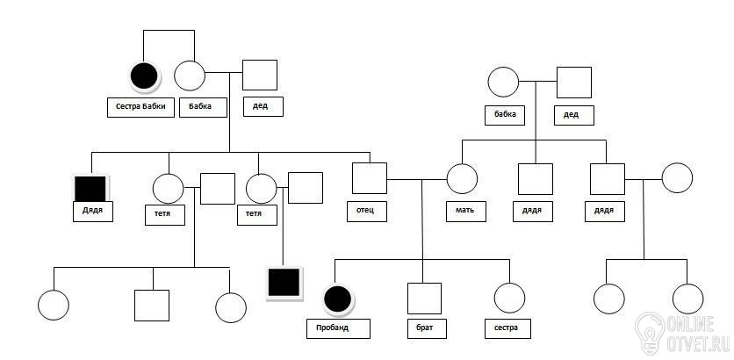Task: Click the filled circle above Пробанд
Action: click(x=337, y=299)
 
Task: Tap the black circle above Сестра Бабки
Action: click(x=144, y=76)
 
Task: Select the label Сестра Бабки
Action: click(x=140, y=107)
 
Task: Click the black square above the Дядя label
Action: click(x=90, y=189)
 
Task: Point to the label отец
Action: click(x=366, y=212)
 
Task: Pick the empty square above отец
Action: click(x=370, y=178)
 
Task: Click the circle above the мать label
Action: click(x=462, y=179)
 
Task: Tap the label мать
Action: click(x=465, y=212)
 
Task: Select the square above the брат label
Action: click(x=424, y=299)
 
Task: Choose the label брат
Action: click(x=427, y=328)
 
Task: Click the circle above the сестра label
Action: click(x=509, y=298)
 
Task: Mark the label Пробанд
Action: click(x=338, y=328)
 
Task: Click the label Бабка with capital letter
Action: click(x=203, y=107)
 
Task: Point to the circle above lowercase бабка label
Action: click(x=503, y=82)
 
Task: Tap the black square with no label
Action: click(x=284, y=282)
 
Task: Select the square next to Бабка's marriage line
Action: click(x=260, y=75)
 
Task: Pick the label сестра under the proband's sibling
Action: click(x=507, y=328)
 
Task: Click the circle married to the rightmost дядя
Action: click(x=677, y=178)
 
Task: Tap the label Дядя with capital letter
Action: click(x=93, y=212)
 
